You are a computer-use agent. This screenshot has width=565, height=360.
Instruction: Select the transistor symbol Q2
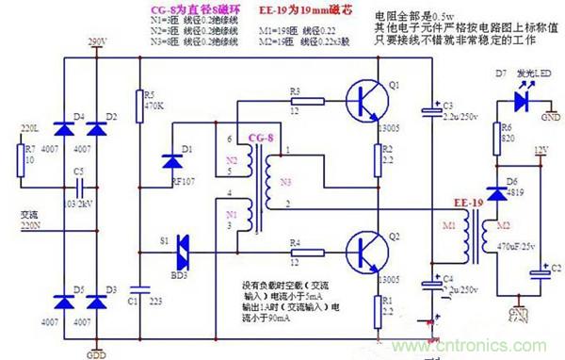point(366,250)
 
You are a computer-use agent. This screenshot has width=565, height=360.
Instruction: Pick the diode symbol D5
point(67,299)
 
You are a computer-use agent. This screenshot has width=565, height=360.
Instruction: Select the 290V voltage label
point(96,41)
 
